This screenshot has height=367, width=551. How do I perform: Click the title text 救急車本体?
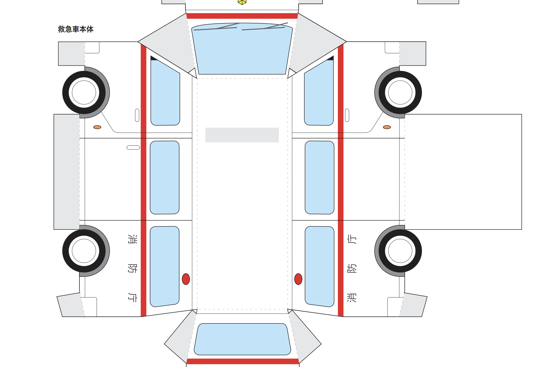[x=76, y=29]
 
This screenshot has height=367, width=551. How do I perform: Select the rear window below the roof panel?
[x=242, y=339]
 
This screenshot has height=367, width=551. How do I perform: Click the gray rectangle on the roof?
[x=242, y=135]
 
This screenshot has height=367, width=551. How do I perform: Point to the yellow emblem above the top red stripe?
[x=242, y=2]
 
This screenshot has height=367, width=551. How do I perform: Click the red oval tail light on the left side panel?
[x=186, y=279]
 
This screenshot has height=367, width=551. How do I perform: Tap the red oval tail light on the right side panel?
[x=298, y=279]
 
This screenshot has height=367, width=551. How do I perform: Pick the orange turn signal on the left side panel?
[x=97, y=127]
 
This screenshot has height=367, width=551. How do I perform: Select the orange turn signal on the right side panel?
[x=387, y=127]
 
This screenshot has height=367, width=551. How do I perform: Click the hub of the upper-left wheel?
[x=84, y=92]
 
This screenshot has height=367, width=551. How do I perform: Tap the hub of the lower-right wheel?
[x=400, y=251]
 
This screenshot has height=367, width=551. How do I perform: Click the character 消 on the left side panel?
[x=132, y=239]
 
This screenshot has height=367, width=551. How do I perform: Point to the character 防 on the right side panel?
[x=352, y=268]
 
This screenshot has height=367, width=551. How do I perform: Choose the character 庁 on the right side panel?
[x=352, y=239]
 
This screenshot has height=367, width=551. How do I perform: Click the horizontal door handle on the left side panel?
[x=133, y=147]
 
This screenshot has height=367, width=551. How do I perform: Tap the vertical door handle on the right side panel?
[x=347, y=115]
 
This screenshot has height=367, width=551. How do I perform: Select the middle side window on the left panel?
[x=164, y=177]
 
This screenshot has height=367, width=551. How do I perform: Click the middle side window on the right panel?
[x=319, y=177]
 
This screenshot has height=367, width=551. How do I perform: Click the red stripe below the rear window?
[x=242, y=361]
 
